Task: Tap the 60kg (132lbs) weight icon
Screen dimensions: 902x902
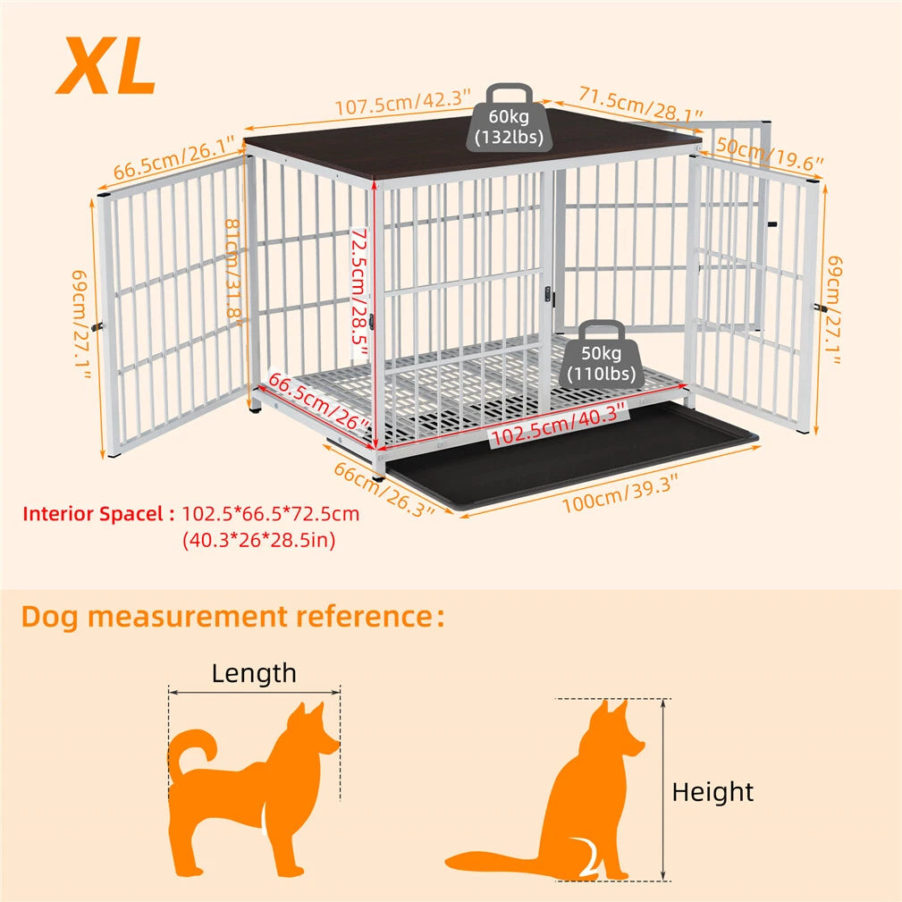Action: [510, 119]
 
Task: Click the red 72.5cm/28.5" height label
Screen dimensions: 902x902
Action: [359, 291]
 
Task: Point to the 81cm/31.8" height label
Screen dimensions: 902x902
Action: [234, 268]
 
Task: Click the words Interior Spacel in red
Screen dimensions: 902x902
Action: [97, 514]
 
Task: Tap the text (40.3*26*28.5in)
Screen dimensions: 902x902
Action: [258, 540]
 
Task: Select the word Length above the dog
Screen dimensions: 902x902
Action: [254, 673]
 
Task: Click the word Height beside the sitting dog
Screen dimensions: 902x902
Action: [712, 791]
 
